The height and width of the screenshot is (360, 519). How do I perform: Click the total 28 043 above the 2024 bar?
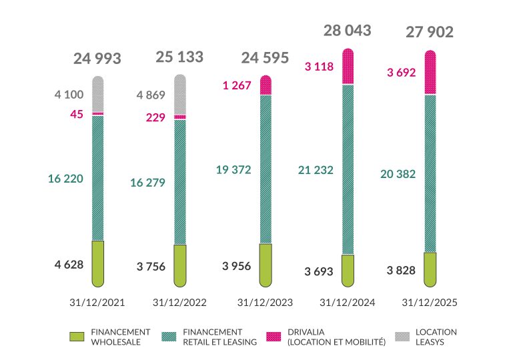[347, 31]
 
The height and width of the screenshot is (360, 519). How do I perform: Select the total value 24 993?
[97, 59]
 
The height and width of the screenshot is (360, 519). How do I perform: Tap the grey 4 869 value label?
[150, 95]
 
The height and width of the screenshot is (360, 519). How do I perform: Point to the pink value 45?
[77, 114]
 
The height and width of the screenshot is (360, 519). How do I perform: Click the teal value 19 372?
[233, 170]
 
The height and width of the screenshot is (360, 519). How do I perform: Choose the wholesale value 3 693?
[318, 271]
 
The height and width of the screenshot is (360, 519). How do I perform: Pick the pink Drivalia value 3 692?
[401, 73]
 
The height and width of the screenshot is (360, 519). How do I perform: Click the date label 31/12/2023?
[265, 302]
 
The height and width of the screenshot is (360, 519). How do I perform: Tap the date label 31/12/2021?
[97, 302]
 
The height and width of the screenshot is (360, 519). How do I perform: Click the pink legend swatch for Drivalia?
[274, 337]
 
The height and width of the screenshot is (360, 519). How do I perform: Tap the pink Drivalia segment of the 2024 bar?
[348, 67]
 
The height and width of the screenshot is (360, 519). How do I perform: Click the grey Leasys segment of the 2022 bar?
[180, 94]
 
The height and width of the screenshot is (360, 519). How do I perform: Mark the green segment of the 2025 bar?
[430, 267]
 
